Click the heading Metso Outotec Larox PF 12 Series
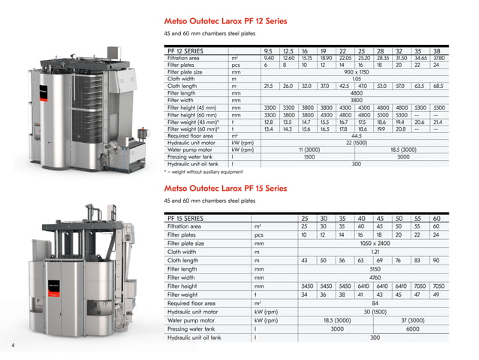(225, 21)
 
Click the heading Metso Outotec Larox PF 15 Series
(225, 188)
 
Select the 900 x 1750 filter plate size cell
(357, 71)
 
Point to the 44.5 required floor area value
(357, 135)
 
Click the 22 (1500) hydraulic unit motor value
(357, 142)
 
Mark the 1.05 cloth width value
(357, 78)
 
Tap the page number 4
(13, 345)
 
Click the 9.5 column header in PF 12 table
(269, 50)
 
